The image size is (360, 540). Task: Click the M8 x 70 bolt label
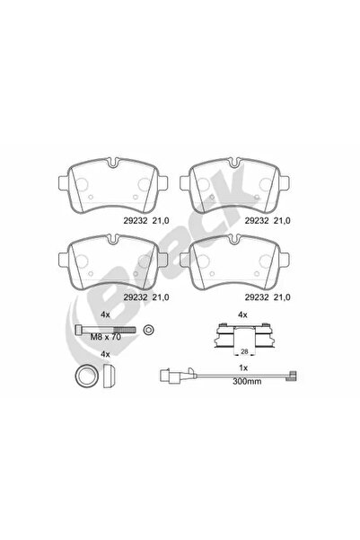click(106, 337)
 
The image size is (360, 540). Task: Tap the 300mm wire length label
click(247, 381)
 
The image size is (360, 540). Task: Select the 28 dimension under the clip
click(244, 351)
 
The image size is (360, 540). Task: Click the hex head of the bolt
click(79, 330)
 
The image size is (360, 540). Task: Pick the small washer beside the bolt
click(149, 330)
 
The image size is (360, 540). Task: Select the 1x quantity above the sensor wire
click(243, 367)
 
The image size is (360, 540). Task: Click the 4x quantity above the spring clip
click(242, 314)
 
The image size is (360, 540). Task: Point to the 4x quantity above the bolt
click(105, 314)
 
